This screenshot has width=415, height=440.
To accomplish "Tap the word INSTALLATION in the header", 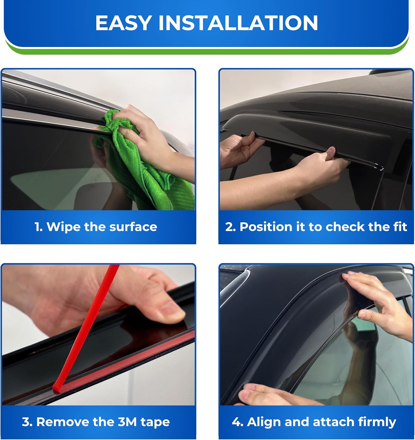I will (x=238, y=23).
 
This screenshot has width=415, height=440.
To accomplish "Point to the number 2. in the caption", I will (x=231, y=227).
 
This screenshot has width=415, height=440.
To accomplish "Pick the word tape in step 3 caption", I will (x=155, y=422).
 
